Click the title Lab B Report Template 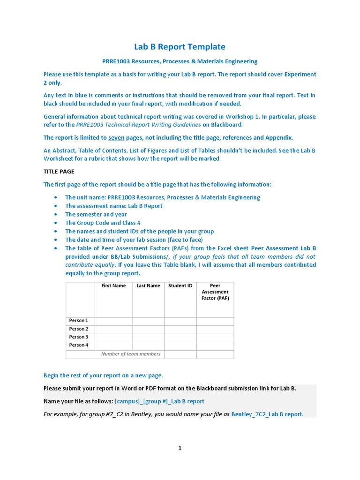point(180,46)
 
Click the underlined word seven point(116,137)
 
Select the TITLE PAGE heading point(59,172)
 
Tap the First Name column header point(113,285)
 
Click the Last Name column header point(148,285)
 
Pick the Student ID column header point(180,285)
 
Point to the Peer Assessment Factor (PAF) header point(215,292)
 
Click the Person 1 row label point(79,321)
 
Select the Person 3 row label point(79,337)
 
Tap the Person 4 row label point(79,345)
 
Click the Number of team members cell point(131,354)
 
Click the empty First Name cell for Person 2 point(113,329)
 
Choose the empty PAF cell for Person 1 point(215,321)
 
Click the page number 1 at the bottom point(180,448)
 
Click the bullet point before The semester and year point(56,215)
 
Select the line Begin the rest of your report point(103,375)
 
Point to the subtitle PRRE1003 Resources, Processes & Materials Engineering point(180,61)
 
